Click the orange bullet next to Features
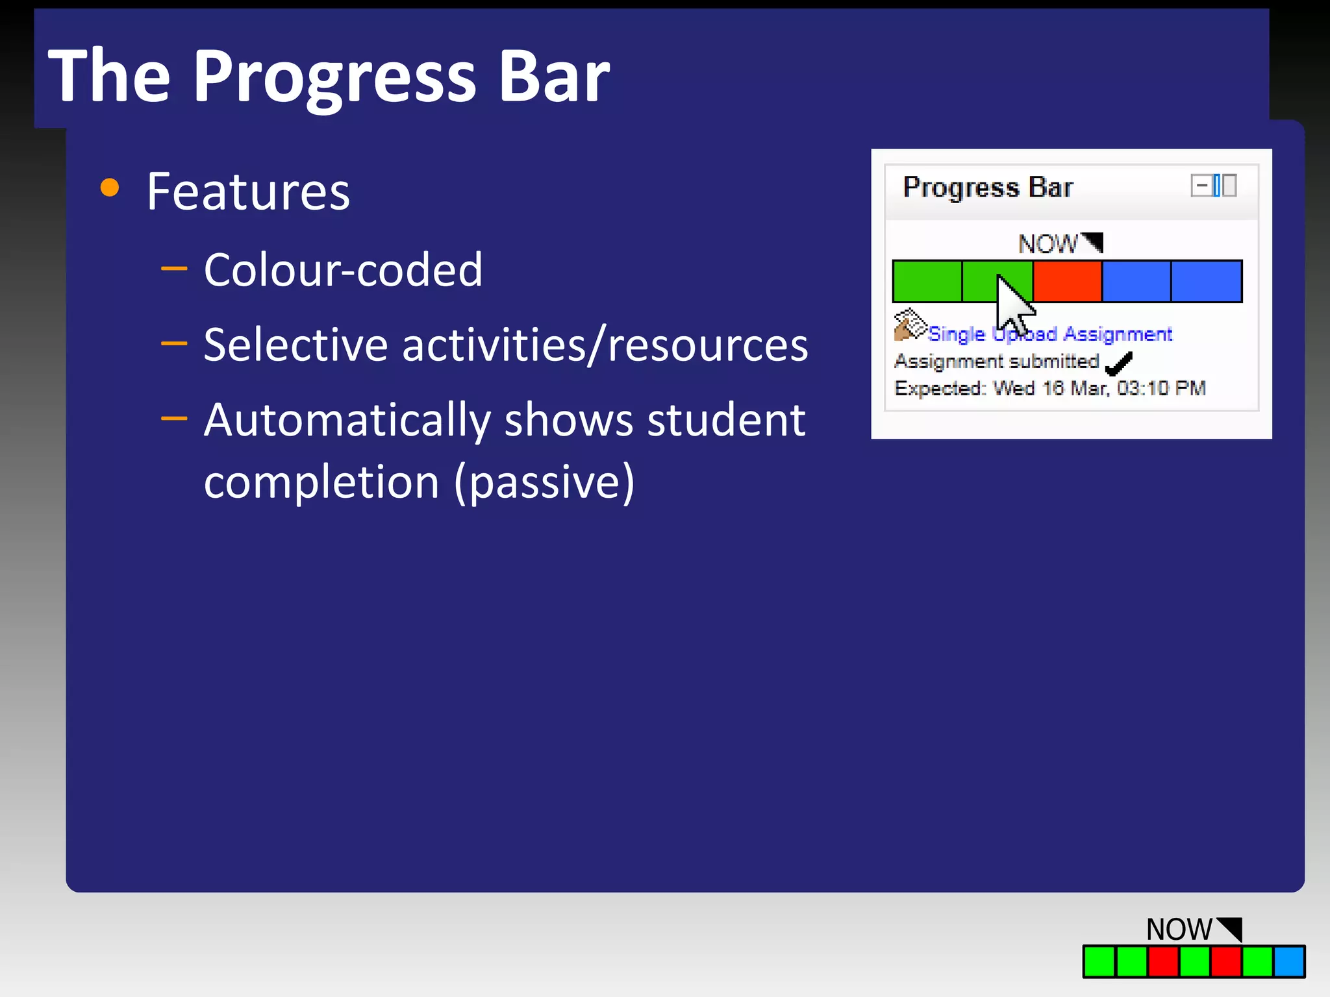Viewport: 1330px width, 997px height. point(110,188)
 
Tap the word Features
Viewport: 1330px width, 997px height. point(248,192)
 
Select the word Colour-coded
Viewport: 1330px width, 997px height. point(343,270)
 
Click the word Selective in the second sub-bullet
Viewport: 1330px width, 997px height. point(295,345)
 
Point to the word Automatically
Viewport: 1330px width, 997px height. point(347,421)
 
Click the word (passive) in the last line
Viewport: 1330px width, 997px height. point(544,482)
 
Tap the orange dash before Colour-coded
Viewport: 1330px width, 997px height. point(173,268)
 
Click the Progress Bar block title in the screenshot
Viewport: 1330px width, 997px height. point(988,188)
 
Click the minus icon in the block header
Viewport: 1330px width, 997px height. point(1201,186)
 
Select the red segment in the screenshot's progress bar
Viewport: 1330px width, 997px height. point(1067,281)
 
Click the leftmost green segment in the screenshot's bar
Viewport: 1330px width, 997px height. point(927,281)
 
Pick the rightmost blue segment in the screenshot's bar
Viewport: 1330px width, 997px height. point(1207,281)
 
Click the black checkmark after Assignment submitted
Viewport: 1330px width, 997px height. point(1118,363)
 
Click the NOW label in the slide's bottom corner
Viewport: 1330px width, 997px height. point(1179,929)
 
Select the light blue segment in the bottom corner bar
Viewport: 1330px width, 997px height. point(1288,962)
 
